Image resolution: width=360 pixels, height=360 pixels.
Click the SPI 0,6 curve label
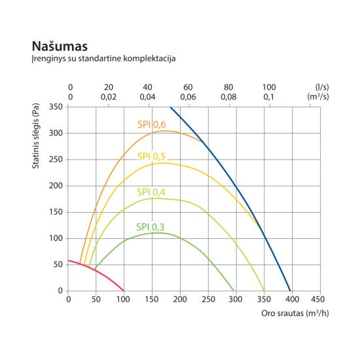point(151,124)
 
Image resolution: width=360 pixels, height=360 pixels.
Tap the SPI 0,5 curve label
point(151,156)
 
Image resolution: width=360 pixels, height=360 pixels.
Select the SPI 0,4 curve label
point(151,192)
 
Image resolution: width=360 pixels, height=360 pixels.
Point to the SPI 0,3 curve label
point(151,226)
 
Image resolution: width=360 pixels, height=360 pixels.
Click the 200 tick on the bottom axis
point(179,300)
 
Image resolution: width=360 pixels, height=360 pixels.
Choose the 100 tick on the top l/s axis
point(269,87)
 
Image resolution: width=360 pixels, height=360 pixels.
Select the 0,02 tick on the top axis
point(109,96)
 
